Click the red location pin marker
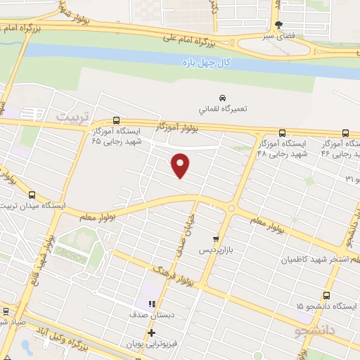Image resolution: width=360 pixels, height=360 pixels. click(181, 165)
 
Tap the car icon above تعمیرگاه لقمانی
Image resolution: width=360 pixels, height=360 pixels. click(222, 97)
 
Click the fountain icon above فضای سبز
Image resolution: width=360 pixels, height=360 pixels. click(279, 25)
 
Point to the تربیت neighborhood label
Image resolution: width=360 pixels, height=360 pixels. click(75, 115)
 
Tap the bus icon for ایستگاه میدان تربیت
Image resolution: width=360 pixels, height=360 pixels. click(32, 195)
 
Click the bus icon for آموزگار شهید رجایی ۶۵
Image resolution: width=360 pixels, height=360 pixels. click(116, 120)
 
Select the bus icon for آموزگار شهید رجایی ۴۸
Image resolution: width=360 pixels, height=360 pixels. click(282, 133)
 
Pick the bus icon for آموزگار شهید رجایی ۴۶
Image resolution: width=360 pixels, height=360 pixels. click(345, 133)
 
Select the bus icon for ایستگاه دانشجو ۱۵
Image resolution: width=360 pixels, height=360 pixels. click(326, 295)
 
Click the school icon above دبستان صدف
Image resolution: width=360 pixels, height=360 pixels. click(151, 303)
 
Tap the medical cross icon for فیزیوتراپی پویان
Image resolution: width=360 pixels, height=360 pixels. click(150, 333)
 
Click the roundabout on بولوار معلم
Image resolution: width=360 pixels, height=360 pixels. click(231, 208)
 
